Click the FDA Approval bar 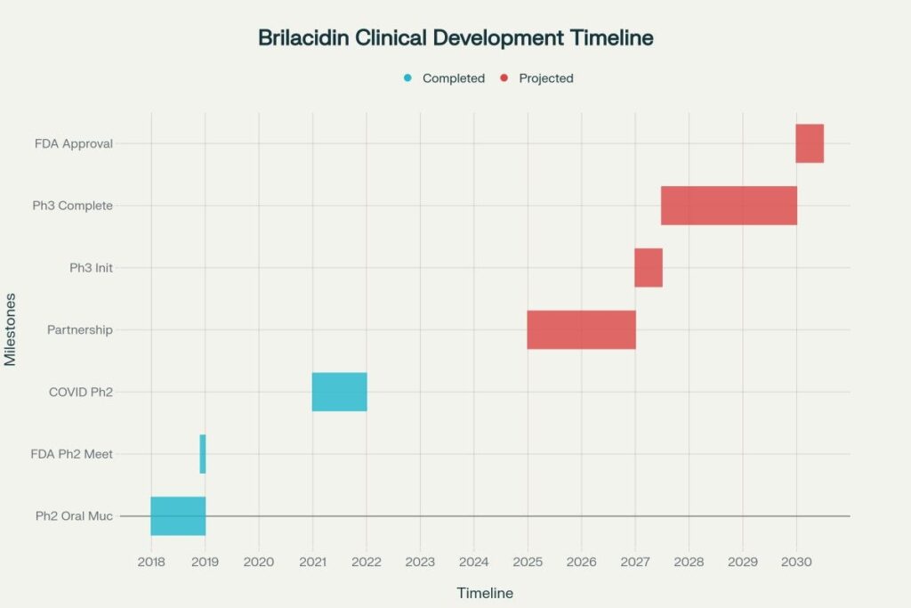pyautogui.click(x=810, y=143)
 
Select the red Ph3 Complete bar pyautogui.click(x=729, y=206)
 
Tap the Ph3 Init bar pyautogui.click(x=649, y=267)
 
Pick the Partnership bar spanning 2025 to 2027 pyautogui.click(x=581, y=329)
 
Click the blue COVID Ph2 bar pyautogui.click(x=339, y=392)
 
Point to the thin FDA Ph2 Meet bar pyautogui.click(x=203, y=454)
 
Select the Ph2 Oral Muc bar pyautogui.click(x=178, y=515)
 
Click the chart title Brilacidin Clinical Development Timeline pyautogui.click(x=455, y=38)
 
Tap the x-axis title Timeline pyautogui.click(x=485, y=593)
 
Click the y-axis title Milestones pyautogui.click(x=11, y=329)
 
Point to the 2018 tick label pyautogui.click(x=151, y=562)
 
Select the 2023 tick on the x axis pyautogui.click(x=420, y=562)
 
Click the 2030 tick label pyautogui.click(x=796, y=562)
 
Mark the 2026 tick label pyautogui.click(x=581, y=562)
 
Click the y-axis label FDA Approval pyautogui.click(x=74, y=143)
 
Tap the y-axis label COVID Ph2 pyautogui.click(x=81, y=392)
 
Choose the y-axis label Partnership pyautogui.click(x=80, y=329)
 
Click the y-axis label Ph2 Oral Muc pyautogui.click(x=75, y=515)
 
